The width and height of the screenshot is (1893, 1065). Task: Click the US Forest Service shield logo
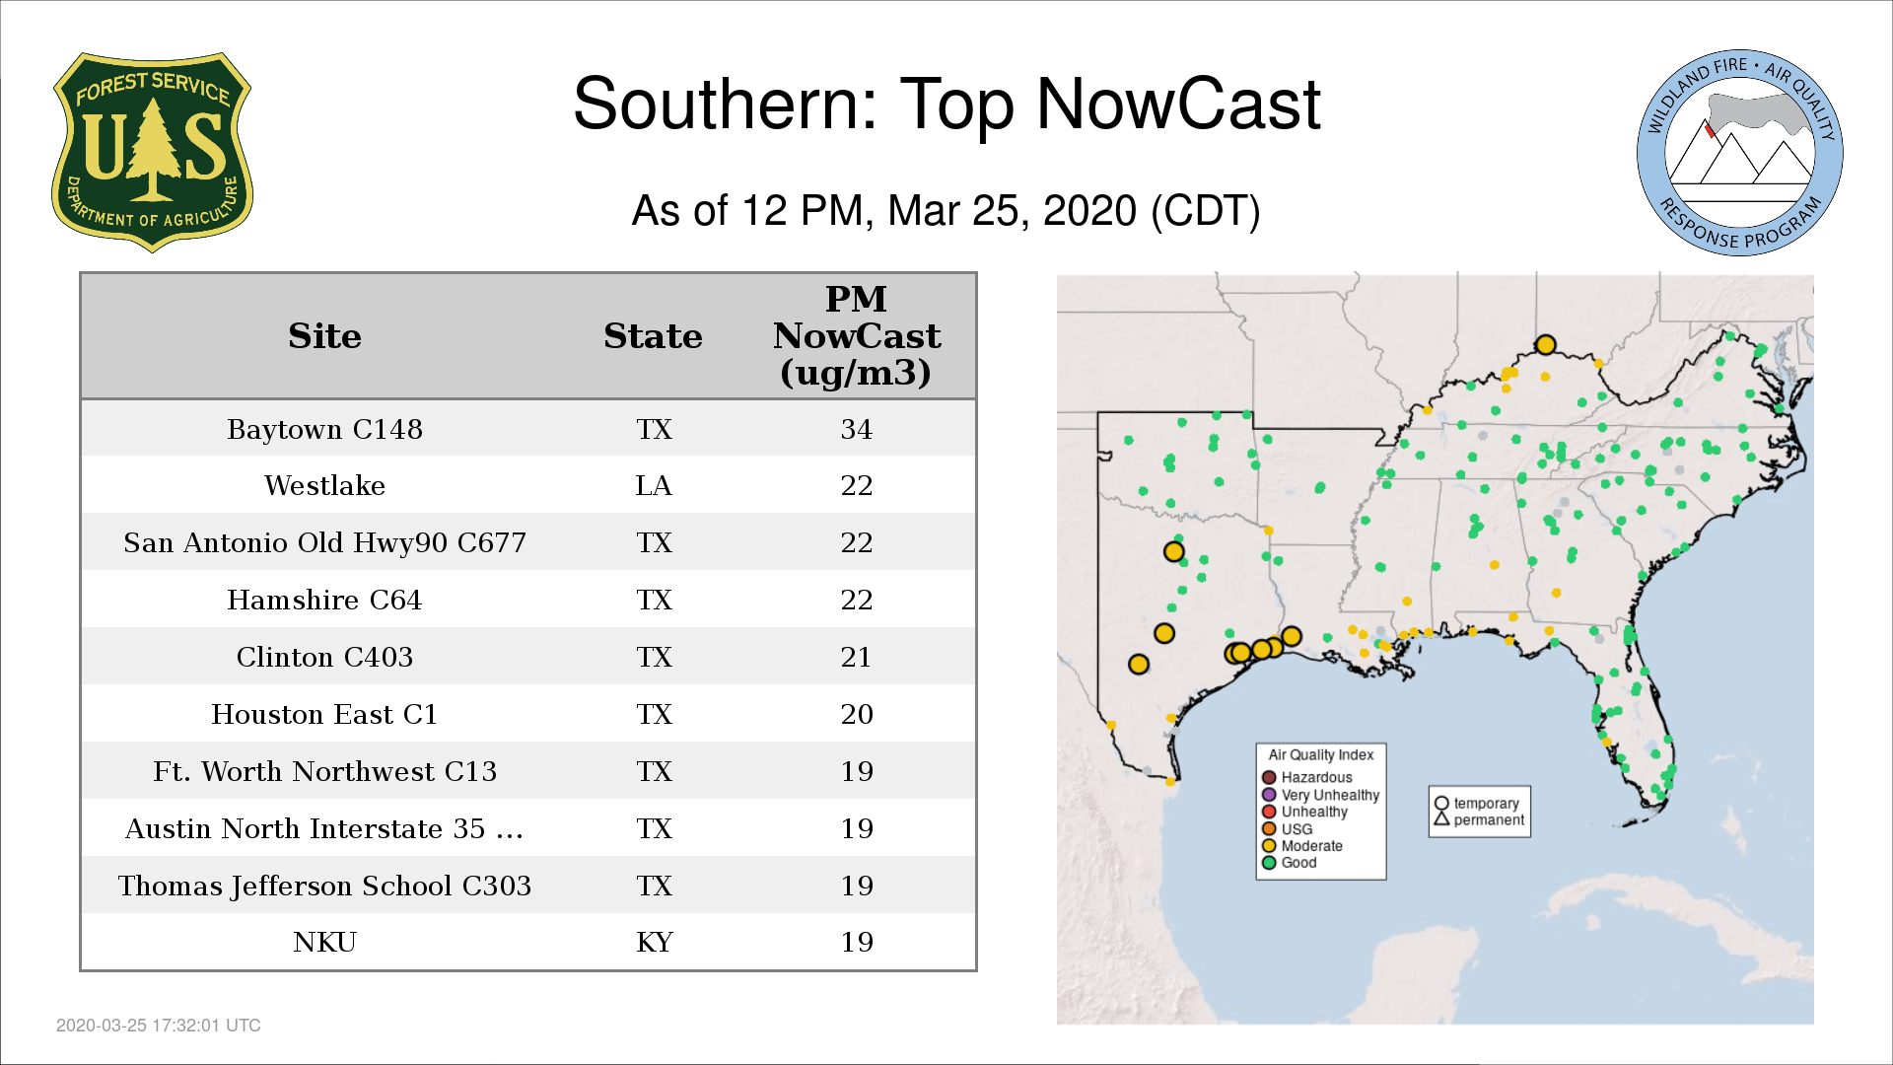152,153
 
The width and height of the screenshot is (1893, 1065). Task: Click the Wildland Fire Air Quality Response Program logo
1740,153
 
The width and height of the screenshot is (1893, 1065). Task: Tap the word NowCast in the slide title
1178,104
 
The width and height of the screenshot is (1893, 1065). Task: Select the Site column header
324,336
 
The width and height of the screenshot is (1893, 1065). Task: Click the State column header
653,336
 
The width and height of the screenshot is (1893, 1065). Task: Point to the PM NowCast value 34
856,429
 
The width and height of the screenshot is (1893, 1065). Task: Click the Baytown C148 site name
324,429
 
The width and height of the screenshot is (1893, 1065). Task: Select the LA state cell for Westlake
654,485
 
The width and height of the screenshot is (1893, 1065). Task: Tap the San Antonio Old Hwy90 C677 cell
324,542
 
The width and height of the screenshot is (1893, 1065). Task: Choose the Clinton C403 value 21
856,657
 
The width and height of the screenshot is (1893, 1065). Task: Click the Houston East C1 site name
324,714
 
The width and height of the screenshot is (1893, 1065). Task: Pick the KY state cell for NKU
654,942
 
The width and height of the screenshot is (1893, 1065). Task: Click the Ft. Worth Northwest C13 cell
324,771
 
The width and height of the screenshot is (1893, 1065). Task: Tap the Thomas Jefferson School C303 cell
324,886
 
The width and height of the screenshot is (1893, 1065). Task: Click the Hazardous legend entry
1307,777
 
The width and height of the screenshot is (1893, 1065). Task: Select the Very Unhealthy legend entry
1321,795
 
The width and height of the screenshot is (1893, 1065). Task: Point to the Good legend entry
1290,863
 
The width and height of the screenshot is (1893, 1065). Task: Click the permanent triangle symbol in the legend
1441,818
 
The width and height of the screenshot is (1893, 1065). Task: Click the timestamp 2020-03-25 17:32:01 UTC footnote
159,1026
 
